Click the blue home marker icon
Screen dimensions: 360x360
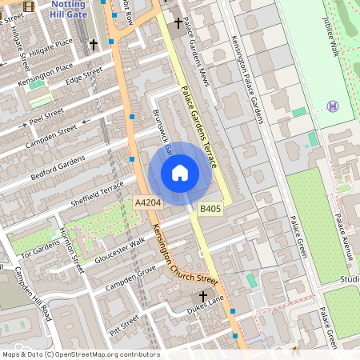pos(180,173)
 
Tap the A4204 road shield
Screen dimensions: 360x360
pos(148,203)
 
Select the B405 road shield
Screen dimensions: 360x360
pos(210,209)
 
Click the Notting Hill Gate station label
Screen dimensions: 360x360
pos(66,10)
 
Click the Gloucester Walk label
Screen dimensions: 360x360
pos(121,250)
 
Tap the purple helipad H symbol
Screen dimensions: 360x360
pos(333,106)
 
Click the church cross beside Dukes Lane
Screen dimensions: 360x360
pos(203,297)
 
